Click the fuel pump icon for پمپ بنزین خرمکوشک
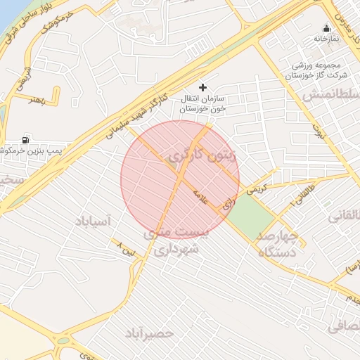click(27, 139)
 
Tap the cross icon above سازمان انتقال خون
click(203, 88)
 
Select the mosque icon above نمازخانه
click(325, 29)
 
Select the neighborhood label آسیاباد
click(92, 221)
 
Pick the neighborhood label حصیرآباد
click(155, 331)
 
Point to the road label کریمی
click(257, 188)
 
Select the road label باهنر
click(37, 99)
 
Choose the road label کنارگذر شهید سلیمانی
click(141, 111)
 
